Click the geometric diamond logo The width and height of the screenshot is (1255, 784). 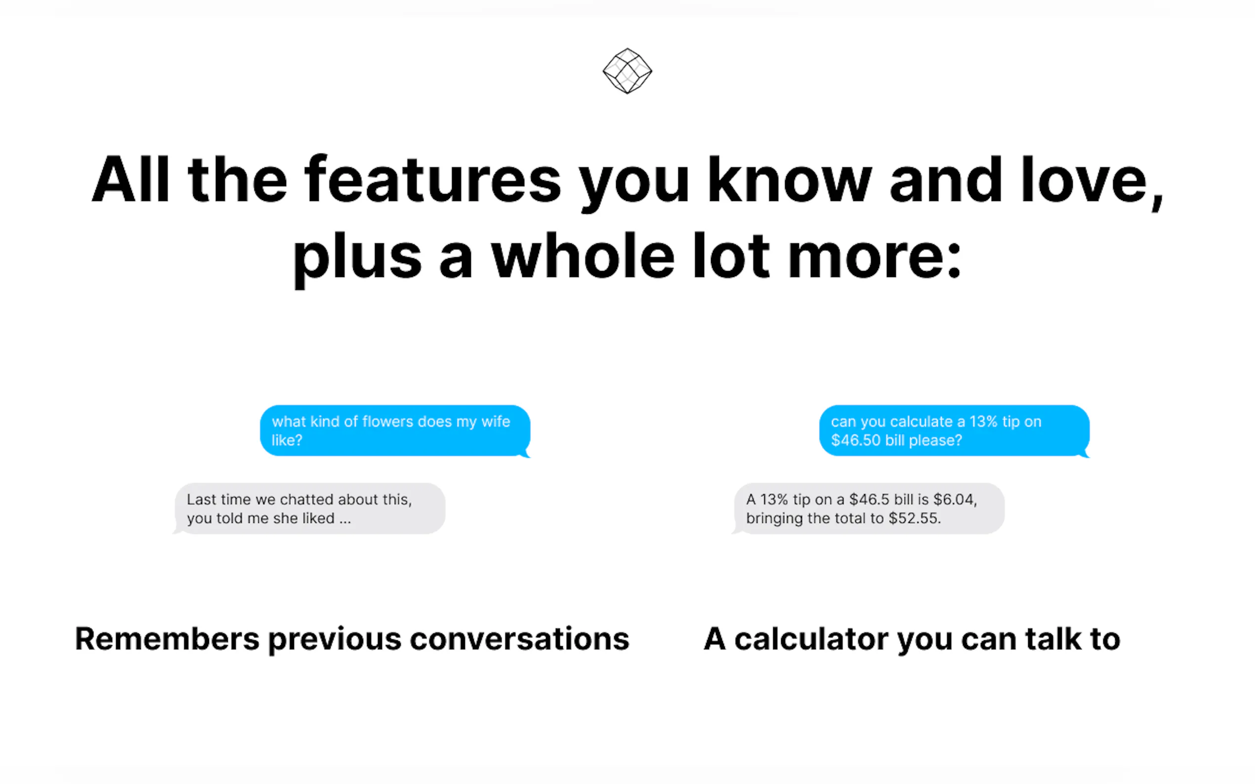click(627, 71)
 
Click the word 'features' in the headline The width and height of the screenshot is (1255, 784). click(433, 179)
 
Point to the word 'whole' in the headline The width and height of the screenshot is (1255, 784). click(583, 256)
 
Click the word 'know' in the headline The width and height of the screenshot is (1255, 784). click(790, 179)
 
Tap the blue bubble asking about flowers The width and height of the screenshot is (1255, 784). click(395, 431)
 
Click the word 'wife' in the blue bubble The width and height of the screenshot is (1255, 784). click(496, 422)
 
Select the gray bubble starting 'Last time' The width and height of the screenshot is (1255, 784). click(309, 509)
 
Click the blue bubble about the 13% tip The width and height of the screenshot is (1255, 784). click(955, 431)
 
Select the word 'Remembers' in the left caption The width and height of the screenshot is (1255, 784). click(167, 639)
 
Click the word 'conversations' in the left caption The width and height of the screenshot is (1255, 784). click(519, 639)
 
